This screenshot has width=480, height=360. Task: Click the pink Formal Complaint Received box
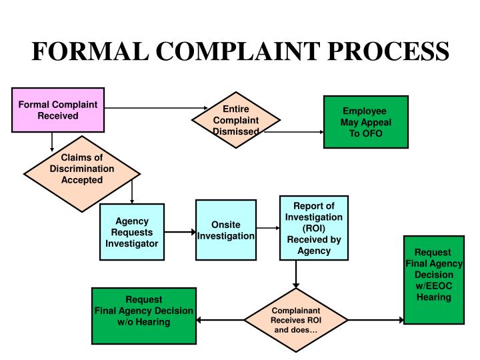coord(57,109)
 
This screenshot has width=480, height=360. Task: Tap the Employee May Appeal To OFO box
coord(365,122)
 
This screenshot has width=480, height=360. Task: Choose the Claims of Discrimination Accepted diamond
coord(82,169)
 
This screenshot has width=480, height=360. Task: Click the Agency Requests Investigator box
coord(131,232)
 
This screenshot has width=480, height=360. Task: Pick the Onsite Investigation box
coord(225,231)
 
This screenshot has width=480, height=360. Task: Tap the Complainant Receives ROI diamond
coord(295,321)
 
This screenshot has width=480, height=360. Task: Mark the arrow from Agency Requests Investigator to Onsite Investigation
coord(179,232)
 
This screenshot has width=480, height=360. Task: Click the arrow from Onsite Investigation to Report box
coord(268,229)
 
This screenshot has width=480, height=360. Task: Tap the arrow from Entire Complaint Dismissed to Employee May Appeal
coord(291,132)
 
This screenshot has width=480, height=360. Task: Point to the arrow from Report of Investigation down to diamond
coord(295,274)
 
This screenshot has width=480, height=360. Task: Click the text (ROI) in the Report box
coord(313,228)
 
